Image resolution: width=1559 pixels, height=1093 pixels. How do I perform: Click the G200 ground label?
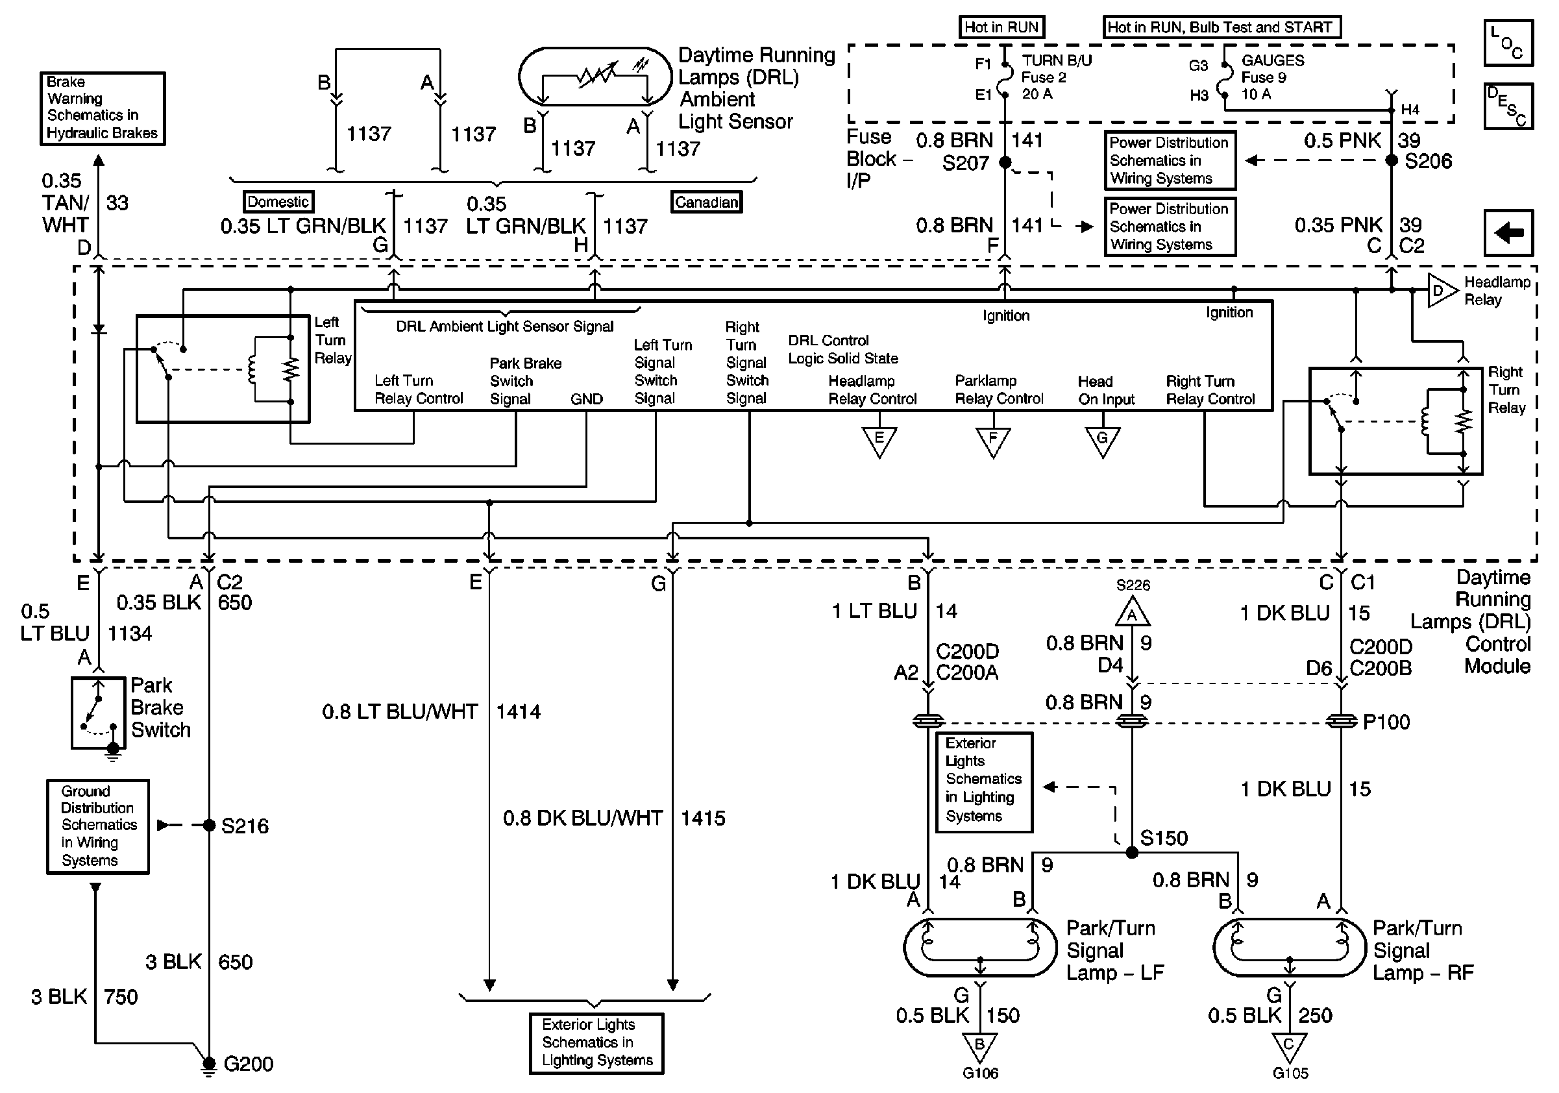click(x=248, y=1063)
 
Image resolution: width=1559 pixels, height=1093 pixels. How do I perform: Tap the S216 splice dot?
click(x=209, y=826)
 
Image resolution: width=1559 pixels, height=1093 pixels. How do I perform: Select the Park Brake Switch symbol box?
click(x=99, y=712)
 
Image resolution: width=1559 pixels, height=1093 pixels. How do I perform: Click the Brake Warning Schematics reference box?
click(x=103, y=108)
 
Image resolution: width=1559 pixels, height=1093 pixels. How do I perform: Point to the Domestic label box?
click(x=278, y=202)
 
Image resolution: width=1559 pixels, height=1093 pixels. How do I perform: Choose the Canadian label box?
click(x=706, y=202)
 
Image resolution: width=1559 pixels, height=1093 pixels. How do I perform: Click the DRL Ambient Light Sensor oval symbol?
click(x=595, y=76)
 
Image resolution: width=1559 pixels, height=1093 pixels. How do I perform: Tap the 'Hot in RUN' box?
click(x=1001, y=27)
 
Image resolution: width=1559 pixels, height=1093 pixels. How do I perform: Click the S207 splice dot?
click(x=1005, y=162)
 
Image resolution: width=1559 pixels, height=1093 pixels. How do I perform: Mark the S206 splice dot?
click(x=1392, y=160)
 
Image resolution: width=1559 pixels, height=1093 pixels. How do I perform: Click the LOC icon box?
click(x=1508, y=43)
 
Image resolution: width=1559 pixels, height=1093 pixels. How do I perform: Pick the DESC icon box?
click(x=1508, y=106)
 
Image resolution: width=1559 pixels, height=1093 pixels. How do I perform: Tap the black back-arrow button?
click(x=1508, y=233)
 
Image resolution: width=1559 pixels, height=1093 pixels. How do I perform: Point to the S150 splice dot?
click(x=1132, y=852)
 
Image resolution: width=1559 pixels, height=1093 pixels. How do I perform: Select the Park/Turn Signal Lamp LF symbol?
click(x=980, y=947)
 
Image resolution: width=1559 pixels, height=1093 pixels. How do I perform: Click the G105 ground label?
click(x=1290, y=1074)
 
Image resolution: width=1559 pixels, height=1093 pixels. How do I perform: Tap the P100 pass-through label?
click(x=1386, y=722)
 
